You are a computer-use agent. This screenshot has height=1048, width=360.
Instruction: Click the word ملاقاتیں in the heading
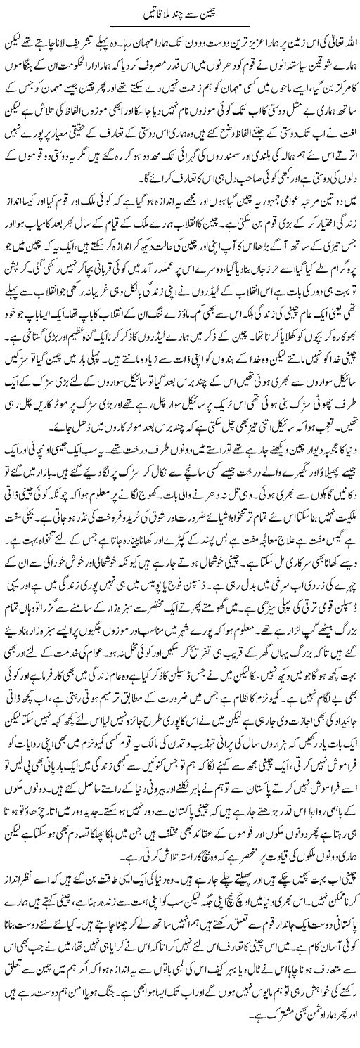150,12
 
